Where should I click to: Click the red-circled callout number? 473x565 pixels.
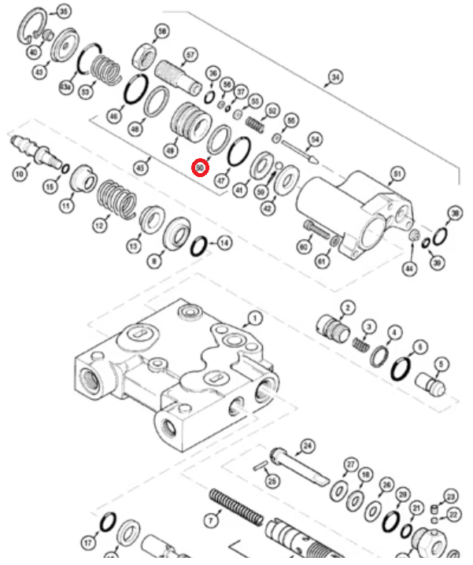[x=201, y=167]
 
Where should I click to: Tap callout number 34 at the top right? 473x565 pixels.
[x=336, y=76]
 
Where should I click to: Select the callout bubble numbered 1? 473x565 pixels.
[x=254, y=319]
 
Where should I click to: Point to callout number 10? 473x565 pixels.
[x=20, y=172]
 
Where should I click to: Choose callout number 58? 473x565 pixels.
[x=162, y=31]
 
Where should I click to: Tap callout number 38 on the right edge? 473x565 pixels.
[x=455, y=213]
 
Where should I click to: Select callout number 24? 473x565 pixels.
[x=308, y=446]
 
